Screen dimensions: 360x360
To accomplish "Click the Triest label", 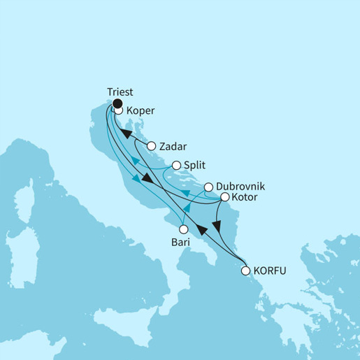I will coord(121,92).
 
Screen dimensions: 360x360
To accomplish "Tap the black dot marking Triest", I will coord(117,103).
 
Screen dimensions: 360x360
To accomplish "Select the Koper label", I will coord(141,110).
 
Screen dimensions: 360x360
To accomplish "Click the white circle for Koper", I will coord(119,110).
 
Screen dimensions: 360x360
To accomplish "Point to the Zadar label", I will coord(171,147).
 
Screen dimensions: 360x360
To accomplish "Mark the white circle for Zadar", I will coord(150,146).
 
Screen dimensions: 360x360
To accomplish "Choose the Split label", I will coord(194,166).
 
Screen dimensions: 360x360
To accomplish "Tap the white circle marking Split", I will coord(177,166).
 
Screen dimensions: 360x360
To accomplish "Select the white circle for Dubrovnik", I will coord(208,187).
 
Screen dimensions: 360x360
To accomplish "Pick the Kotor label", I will coord(244,198).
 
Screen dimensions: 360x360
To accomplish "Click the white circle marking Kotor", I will coord(224,198).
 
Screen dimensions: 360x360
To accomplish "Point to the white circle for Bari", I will coord(183,229).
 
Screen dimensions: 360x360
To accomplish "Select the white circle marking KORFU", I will coord(245,271).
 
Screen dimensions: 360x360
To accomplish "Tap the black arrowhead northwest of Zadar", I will coord(127,134).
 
